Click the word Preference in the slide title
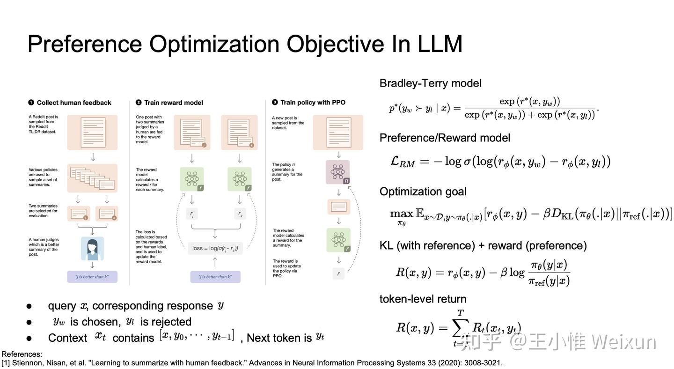(85, 44)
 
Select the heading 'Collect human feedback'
(74, 103)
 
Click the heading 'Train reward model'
(173, 103)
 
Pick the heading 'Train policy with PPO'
(313, 103)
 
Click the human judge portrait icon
(92, 249)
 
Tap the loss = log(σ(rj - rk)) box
(215, 248)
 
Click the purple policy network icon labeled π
(337, 172)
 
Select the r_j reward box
(192, 214)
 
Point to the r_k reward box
(240, 214)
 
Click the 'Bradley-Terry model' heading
(430, 83)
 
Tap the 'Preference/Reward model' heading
(445, 138)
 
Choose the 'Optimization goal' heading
(423, 192)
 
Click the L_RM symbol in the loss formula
(402, 162)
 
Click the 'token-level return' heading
(423, 299)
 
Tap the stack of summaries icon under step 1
(92, 178)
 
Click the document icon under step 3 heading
(338, 133)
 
